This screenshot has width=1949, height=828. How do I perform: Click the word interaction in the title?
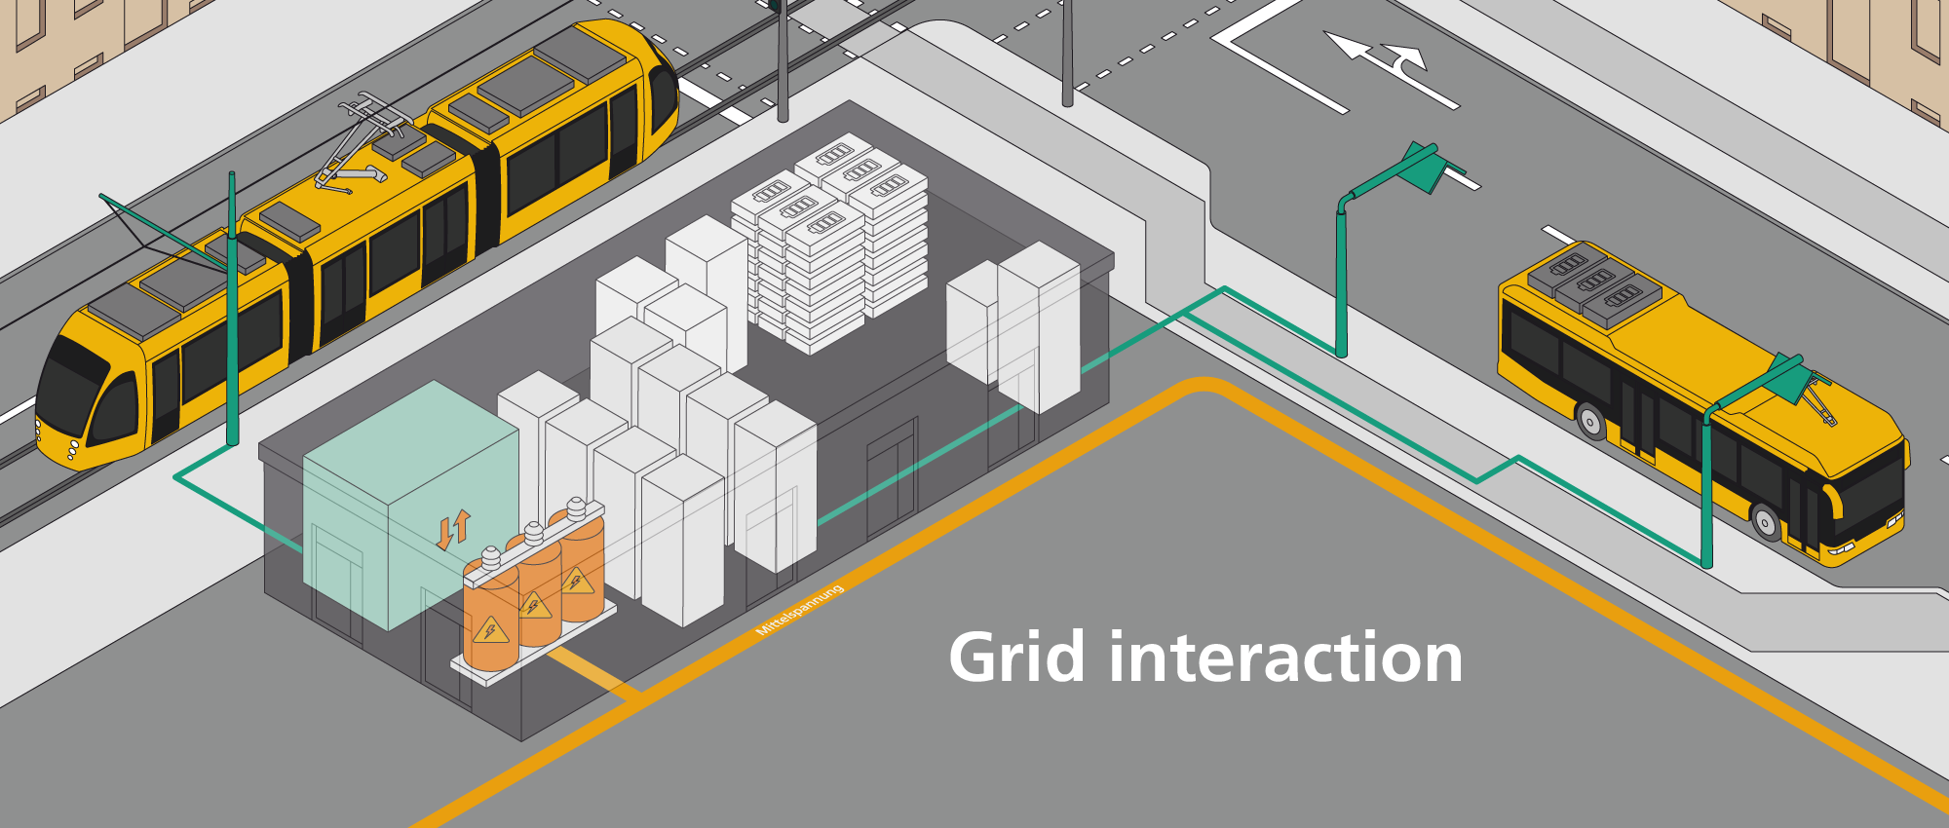pos(1286,658)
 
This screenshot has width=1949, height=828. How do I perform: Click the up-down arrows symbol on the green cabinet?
pos(453,529)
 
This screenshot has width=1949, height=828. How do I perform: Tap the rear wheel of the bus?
pos(1590,422)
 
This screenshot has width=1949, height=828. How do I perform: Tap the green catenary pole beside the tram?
pos(232,312)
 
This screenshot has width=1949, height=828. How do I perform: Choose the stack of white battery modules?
pos(828,244)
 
